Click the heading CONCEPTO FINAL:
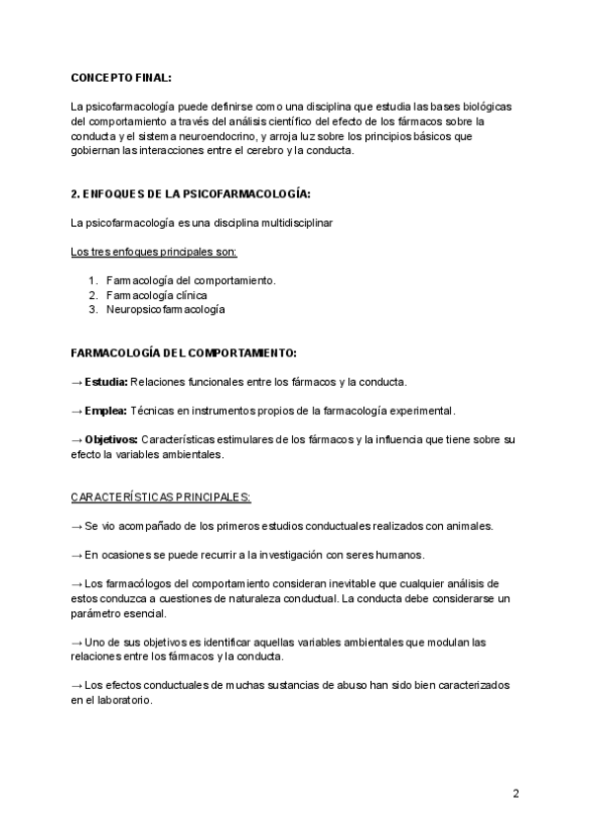tap(120, 77)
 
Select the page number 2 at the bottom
tap(515, 794)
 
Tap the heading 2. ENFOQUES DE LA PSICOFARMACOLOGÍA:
tap(184, 193)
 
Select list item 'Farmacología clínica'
tap(156, 295)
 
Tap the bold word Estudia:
tap(105, 381)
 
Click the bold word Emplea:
tap(106, 410)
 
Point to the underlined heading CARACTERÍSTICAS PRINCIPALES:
tap(161, 496)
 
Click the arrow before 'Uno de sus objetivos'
tap(77, 642)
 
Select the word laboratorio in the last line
tap(119, 700)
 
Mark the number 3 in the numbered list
tap(92, 309)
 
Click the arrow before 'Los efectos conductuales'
tap(77, 685)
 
